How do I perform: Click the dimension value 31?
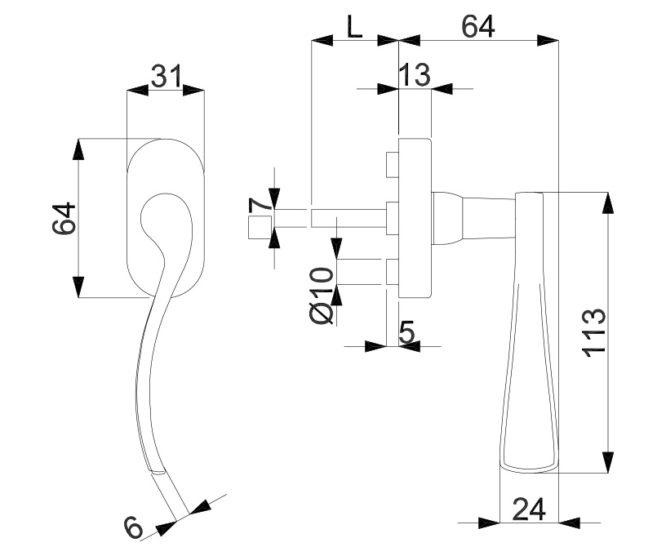point(166,76)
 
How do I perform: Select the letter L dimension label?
point(355,28)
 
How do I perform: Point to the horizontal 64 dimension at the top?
point(478,27)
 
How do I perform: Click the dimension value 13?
point(415,75)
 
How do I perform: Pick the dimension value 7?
point(260,205)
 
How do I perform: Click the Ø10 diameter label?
point(322,296)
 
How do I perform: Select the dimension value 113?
point(593,332)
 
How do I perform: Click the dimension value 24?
point(529,509)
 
